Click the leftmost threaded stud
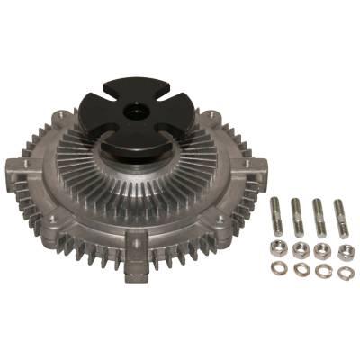coord(273,216)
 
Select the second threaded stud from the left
coord(296,216)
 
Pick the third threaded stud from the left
coord(317,216)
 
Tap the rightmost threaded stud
coord(339,216)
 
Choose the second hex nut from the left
coord(297,249)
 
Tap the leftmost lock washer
coord(276,270)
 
